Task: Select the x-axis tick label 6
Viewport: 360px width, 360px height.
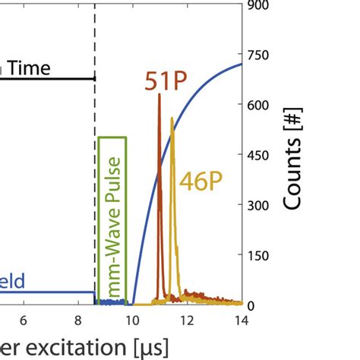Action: tap(23, 321)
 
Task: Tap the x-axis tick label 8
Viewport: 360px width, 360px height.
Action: tap(77, 321)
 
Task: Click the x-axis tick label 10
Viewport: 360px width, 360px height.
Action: tap(131, 321)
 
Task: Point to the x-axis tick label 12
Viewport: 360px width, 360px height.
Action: tap(186, 321)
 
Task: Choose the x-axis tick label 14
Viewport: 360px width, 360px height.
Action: tap(240, 321)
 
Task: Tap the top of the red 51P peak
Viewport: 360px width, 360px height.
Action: tap(159, 95)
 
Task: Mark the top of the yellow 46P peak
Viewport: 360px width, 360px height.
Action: tap(172, 118)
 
